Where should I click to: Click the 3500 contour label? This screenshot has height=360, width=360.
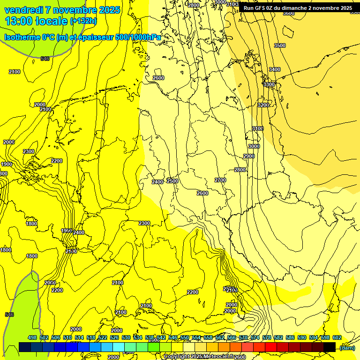[x=279, y=45]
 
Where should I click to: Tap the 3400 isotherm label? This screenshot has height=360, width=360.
[x=274, y=69]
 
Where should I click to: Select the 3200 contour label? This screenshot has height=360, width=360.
[x=263, y=105]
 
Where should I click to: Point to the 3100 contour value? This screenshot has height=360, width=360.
[x=257, y=128]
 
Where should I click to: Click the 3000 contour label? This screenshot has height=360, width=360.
[x=254, y=146]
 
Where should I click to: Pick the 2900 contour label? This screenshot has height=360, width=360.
[x=248, y=156]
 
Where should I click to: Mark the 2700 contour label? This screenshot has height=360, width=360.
[x=220, y=180]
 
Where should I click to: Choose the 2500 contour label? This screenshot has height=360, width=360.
[x=172, y=181]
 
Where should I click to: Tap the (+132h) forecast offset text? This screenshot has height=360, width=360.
[x=83, y=21]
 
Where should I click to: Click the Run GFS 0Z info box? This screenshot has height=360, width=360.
[x=298, y=8]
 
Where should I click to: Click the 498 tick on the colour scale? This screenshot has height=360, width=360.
[x=32, y=337]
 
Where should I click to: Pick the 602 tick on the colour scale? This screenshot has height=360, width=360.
[x=337, y=337]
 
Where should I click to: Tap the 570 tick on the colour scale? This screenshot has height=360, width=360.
[x=243, y=337]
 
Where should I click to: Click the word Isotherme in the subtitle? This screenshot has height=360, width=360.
[x=22, y=37]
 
